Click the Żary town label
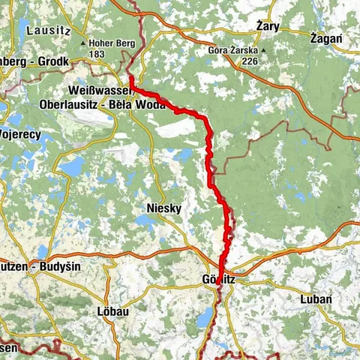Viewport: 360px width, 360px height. coord(268,26)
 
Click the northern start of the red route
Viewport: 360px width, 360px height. coord(130,78)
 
